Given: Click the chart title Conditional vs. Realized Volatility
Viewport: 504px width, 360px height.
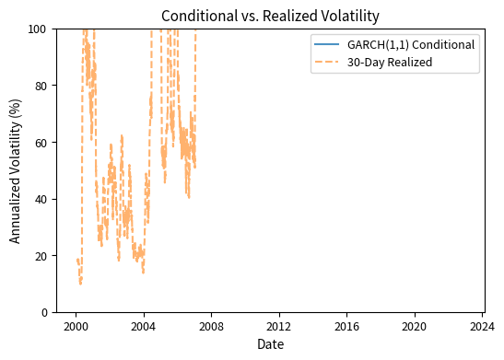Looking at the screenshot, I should coord(269,16).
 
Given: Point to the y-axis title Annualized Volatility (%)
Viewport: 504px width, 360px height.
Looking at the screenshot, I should coord(16,170).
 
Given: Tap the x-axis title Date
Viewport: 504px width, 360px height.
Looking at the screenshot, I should coord(269,344).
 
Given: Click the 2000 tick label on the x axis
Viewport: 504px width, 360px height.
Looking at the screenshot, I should coord(76,325).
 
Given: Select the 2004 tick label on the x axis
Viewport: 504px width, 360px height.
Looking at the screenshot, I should coord(143,325).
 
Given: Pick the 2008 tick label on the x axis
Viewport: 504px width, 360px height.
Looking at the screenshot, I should coord(211,325).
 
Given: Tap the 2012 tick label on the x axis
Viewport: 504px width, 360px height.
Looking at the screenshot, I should coord(279,325).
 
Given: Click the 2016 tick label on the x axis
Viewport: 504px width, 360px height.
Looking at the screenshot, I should coord(346,325).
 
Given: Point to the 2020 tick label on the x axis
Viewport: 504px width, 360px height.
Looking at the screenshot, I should coord(415,325).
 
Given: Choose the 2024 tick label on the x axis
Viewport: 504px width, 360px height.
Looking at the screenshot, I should coord(482,325).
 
